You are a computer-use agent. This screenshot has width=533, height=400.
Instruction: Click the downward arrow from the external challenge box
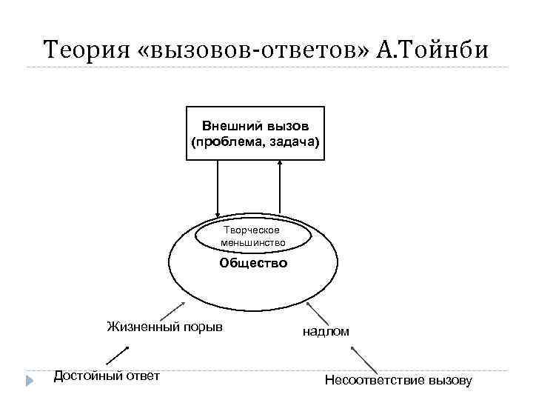tap(218, 189)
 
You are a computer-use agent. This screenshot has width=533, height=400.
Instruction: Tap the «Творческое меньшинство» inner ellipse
tap(252, 236)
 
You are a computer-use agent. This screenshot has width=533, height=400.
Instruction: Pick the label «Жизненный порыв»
tap(164, 327)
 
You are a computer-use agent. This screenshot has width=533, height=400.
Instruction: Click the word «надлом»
tap(325, 332)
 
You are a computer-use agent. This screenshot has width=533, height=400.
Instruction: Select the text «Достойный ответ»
tap(107, 376)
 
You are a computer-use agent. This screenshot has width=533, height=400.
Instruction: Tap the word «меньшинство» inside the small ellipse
tap(252, 243)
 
